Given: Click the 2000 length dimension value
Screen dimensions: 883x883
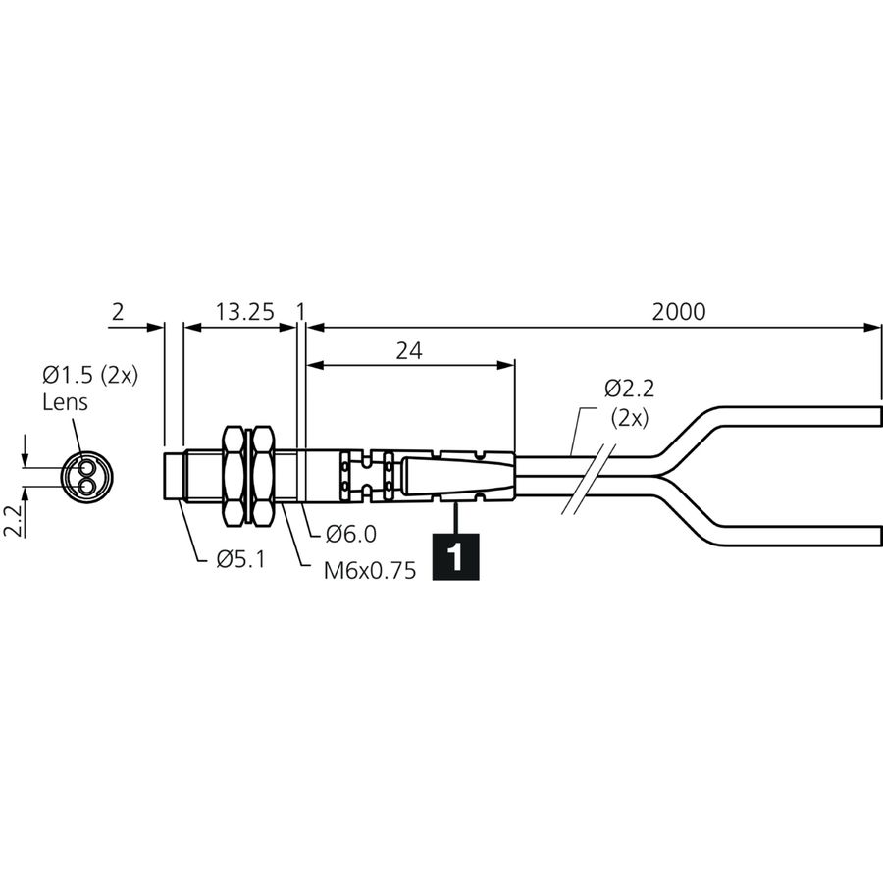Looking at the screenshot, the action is [x=679, y=311].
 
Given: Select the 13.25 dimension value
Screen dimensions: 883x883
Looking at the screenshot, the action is [x=245, y=311].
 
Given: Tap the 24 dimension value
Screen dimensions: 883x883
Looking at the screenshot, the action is [x=409, y=351].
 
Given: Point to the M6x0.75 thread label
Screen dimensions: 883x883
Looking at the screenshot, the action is [x=370, y=570].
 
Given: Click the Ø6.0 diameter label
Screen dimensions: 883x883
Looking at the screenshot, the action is [x=351, y=534].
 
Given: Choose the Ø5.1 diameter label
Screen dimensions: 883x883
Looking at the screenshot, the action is [x=240, y=558].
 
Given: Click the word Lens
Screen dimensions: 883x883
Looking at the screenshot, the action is [x=66, y=402].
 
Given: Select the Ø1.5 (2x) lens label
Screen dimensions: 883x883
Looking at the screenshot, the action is [x=90, y=375].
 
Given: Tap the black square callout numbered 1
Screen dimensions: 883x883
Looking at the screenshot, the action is [x=455, y=556].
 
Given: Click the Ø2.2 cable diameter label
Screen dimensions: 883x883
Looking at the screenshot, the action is [x=630, y=389].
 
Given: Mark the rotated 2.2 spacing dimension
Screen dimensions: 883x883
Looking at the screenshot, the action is [x=13, y=520].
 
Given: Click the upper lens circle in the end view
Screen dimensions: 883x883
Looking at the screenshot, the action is [x=86, y=467].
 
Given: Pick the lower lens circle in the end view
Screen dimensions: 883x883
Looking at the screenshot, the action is [x=86, y=486].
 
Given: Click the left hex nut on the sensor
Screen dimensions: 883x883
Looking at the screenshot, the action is [x=235, y=477].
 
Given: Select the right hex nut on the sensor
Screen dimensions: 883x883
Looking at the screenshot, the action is [x=262, y=477].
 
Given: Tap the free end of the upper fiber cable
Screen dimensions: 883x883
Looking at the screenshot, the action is [x=879, y=417].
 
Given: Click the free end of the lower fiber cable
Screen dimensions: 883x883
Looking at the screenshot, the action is [x=879, y=535].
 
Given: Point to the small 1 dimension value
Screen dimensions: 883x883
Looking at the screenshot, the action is [x=301, y=311].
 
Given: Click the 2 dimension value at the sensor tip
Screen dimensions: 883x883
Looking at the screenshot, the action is [x=117, y=311].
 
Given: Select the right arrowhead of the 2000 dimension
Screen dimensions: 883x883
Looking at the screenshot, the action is [x=872, y=327].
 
